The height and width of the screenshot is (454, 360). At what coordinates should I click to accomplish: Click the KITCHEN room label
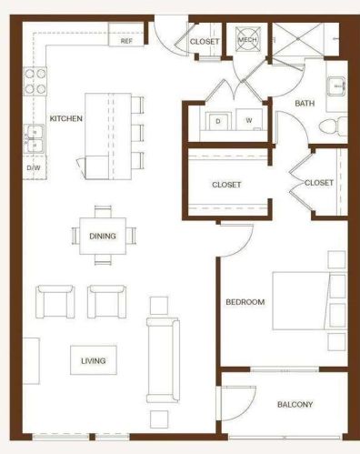coord(66,118)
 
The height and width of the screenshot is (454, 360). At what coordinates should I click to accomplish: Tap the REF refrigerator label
coord(126,41)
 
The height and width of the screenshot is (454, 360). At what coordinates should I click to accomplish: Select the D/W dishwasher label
coord(34,167)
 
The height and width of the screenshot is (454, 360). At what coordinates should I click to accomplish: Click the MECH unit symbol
coord(247,39)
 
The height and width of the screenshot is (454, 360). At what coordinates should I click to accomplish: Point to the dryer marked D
coord(218,121)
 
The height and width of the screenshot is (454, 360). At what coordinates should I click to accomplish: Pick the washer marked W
coord(249,120)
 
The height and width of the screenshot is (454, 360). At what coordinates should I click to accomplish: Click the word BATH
coord(305,104)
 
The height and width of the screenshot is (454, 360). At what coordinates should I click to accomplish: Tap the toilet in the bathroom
coord(333,126)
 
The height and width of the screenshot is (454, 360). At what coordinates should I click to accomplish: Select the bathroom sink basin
coord(336,86)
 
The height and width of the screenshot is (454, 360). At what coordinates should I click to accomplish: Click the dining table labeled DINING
coord(103,236)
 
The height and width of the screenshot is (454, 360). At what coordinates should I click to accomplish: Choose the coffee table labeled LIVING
coord(94,360)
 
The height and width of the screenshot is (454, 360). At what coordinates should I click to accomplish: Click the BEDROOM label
coord(245,302)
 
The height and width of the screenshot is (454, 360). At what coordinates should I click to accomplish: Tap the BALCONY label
coord(295,404)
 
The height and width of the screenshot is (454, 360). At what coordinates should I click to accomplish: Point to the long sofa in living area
coord(163,360)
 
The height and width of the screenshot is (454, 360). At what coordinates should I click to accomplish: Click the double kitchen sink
coord(35,139)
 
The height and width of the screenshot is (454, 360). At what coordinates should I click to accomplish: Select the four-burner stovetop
coord(35,81)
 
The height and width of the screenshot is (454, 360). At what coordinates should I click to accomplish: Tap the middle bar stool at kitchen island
coord(138,133)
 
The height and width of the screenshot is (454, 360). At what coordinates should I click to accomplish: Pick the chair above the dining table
coord(103,211)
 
